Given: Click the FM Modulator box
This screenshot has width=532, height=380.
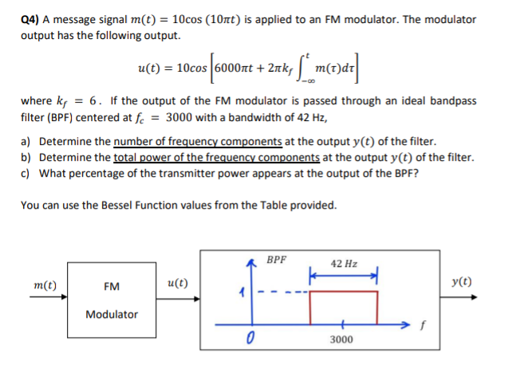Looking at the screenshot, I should [x=111, y=299].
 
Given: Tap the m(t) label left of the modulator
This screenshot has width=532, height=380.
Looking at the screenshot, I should [x=34, y=284].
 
